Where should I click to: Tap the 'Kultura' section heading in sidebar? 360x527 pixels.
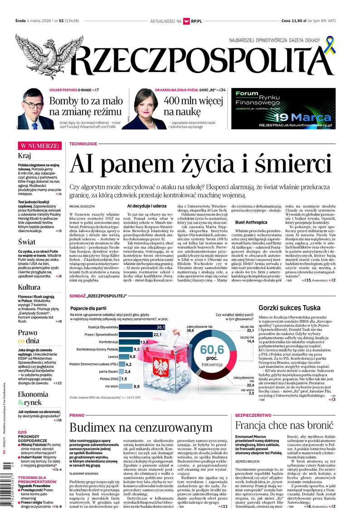29,287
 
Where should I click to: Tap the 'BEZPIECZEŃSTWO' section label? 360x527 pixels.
254,415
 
